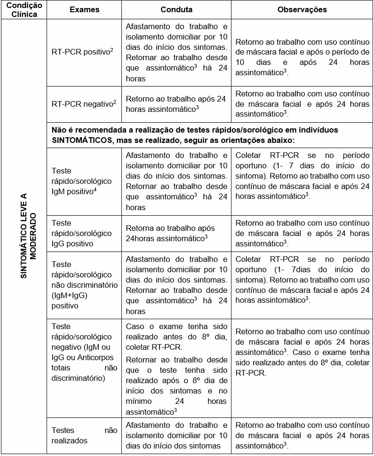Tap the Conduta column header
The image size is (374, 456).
click(176, 9)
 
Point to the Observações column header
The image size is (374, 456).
click(302, 9)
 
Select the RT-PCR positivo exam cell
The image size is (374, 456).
click(82, 51)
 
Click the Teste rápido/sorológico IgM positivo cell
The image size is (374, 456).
click(82, 181)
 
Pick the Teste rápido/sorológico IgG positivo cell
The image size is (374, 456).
click(82, 233)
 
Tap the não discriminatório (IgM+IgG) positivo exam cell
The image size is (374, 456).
click(82, 285)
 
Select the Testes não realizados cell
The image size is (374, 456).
click(82, 435)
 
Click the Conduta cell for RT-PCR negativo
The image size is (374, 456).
click(176, 104)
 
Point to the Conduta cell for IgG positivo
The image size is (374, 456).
click(176, 233)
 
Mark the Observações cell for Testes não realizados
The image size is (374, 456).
click(302, 435)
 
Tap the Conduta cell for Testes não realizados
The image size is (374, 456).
click(176, 435)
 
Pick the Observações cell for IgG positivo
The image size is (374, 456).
click(302, 233)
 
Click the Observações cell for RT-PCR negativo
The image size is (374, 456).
click(302, 104)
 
